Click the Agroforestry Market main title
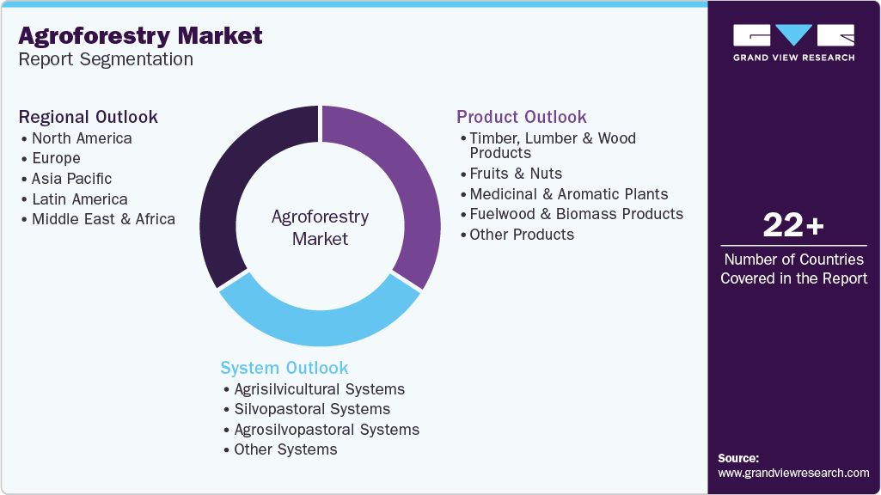141,36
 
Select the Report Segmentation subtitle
106,60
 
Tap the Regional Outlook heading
89,117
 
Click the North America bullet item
82,138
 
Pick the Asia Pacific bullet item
71,179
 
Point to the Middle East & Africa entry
103,219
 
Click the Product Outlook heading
522,117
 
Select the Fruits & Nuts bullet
516,174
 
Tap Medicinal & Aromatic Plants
568,194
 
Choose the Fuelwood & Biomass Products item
576,214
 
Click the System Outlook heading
284,368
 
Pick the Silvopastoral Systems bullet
312,409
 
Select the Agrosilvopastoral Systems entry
327,430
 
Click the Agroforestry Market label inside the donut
320,228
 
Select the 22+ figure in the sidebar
793,226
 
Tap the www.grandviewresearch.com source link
793,473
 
